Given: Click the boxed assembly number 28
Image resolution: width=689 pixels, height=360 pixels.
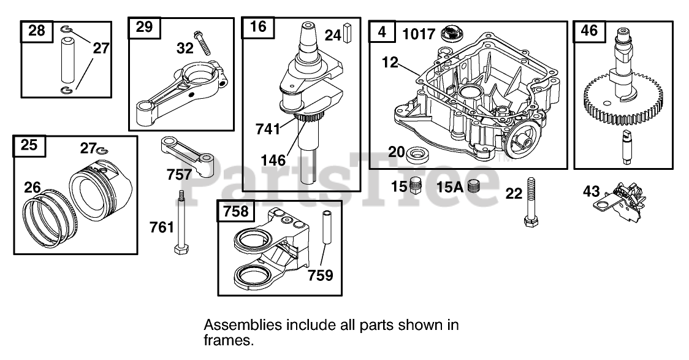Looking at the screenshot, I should pos(37,31).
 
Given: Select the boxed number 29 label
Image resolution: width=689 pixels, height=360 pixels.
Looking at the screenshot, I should pos(145,27).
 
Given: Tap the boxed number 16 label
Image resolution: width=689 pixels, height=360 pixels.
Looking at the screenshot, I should pos(259,28).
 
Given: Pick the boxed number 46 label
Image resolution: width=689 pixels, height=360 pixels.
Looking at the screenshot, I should pos(589,31).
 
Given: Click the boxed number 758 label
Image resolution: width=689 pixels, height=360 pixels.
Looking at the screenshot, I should pos(236,212).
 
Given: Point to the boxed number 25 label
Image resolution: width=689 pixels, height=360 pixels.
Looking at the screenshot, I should pos(29,145).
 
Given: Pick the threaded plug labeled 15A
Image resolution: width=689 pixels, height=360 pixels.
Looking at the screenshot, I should pos(473,186).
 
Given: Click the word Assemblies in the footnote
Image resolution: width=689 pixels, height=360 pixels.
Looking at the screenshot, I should pos(236,324).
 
